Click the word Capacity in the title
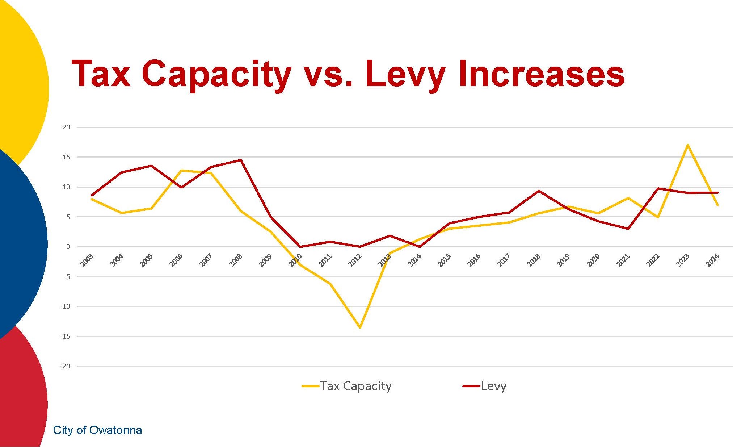tap(216, 74)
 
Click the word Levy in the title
tap(405, 74)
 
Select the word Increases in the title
tap(541, 74)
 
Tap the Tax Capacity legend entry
tap(347, 386)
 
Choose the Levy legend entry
tap(485, 386)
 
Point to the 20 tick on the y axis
tap(66, 127)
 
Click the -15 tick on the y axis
tap(65, 337)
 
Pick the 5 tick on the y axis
tap(68, 217)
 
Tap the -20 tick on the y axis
tap(65, 366)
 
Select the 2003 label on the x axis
tap(87, 260)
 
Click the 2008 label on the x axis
tap(236, 260)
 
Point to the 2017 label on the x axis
tap(504, 260)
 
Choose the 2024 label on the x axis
tap(712, 260)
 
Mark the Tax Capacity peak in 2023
tap(687, 145)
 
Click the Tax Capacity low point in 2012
tap(360, 327)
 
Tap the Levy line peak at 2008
tap(241, 160)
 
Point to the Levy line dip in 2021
tap(628, 229)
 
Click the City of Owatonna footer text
tap(97, 430)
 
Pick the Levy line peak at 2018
tap(539, 191)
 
